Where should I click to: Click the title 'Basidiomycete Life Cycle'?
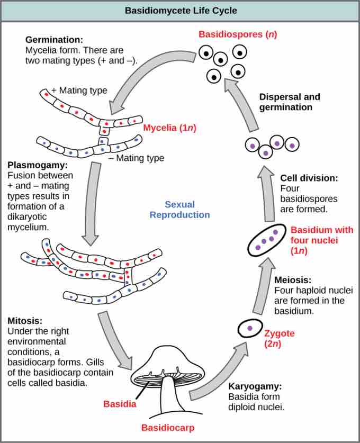pos(180,10)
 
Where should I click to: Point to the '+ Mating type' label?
pos(79,91)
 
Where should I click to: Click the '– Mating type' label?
pos(136,158)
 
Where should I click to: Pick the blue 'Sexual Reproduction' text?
pos(179,209)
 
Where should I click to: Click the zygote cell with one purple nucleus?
pos(249,329)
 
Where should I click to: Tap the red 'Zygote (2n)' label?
pos(278,339)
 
